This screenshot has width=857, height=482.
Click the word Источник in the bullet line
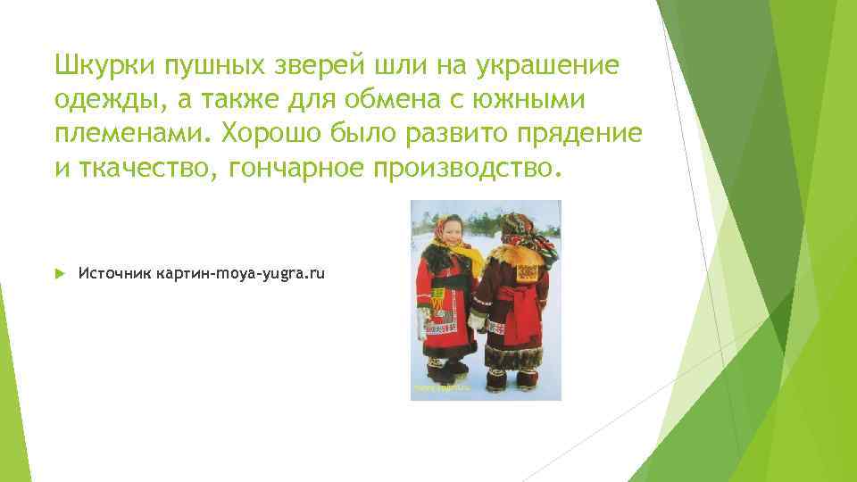pyautogui.click(x=114, y=272)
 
